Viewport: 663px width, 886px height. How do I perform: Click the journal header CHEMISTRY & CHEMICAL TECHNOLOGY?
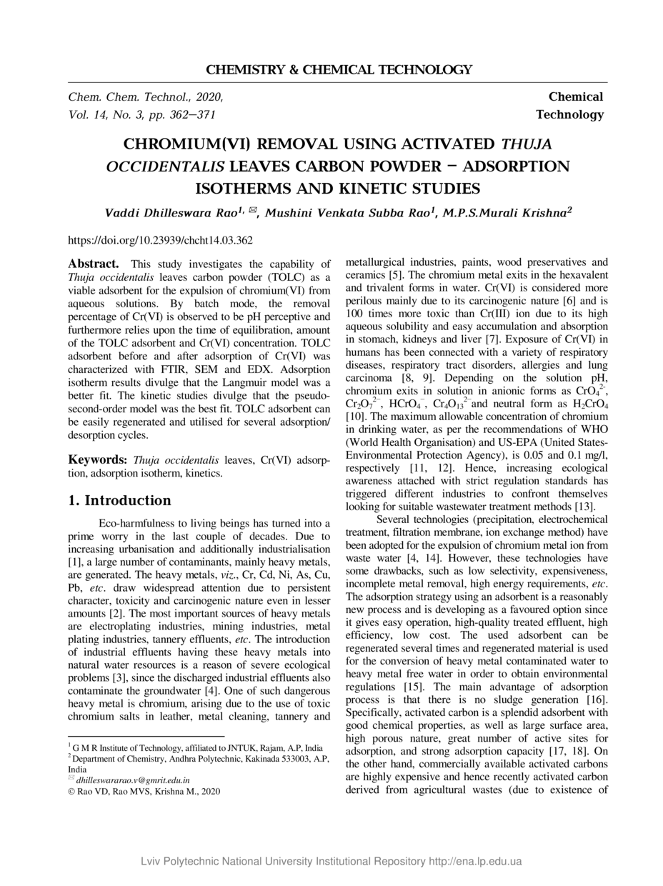(x=339, y=70)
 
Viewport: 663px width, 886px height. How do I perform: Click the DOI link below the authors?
(x=159, y=241)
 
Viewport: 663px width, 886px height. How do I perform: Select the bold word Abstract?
(x=93, y=264)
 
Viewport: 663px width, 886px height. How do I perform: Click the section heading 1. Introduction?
(x=119, y=500)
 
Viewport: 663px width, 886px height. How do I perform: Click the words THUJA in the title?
(x=527, y=144)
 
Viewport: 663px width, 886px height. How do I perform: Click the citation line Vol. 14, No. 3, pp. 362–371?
(x=141, y=114)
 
